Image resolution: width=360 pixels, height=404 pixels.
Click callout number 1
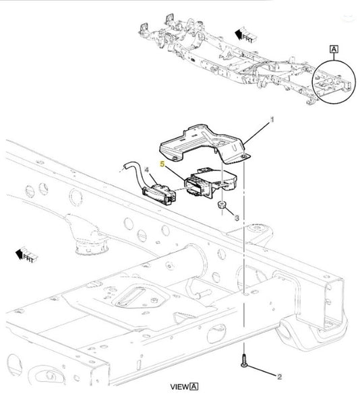(x=272, y=120)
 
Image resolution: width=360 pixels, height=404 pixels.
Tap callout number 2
(x=279, y=377)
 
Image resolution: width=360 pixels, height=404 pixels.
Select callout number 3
(x=237, y=218)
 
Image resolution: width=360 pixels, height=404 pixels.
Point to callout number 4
(x=146, y=170)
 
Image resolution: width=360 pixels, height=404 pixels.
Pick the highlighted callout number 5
(x=162, y=164)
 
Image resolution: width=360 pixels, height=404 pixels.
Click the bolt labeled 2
(x=243, y=361)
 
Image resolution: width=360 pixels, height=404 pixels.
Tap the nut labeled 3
(x=222, y=205)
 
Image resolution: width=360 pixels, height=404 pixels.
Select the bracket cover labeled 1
(x=204, y=144)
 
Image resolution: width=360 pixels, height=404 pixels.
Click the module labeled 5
(x=210, y=183)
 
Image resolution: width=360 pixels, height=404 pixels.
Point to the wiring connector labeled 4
(x=159, y=194)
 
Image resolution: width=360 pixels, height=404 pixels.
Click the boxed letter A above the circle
(x=334, y=49)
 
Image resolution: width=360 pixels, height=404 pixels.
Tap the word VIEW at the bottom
(x=179, y=386)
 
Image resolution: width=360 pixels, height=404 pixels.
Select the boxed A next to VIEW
(x=194, y=386)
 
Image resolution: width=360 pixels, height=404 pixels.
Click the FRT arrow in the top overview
(x=245, y=36)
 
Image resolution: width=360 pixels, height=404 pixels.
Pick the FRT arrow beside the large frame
(x=26, y=255)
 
